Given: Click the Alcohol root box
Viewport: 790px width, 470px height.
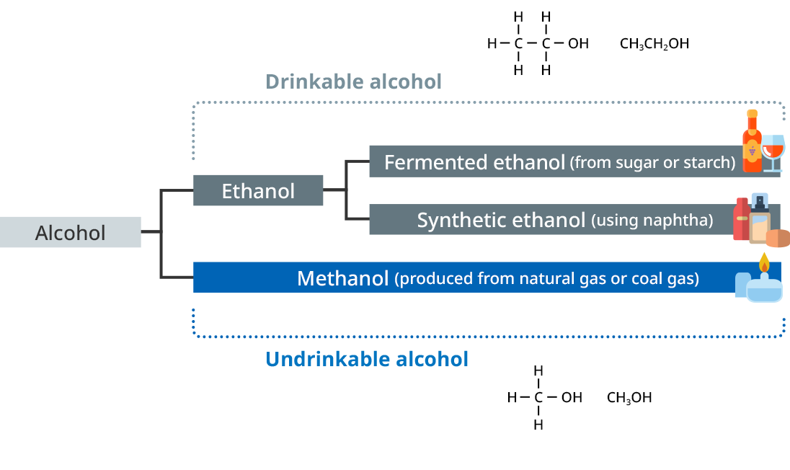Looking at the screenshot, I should [71, 232].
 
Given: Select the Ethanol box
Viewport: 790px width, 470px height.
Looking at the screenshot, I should [258, 190].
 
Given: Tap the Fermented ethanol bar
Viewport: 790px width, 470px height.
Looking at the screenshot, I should [555, 162].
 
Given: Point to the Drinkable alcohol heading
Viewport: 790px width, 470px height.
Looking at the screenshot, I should [353, 81].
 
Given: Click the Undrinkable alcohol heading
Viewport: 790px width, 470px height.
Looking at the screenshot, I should [367, 358].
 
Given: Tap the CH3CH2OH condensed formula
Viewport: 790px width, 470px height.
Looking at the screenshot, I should [654, 44].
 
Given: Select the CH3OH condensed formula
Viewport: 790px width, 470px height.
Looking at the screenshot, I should [629, 397].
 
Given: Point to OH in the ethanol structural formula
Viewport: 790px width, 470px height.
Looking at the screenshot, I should [578, 44].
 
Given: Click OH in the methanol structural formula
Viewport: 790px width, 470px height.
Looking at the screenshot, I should [572, 397].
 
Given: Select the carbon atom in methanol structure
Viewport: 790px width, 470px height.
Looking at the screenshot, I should [538, 397].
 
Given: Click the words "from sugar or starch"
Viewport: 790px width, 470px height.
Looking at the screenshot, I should [652, 162].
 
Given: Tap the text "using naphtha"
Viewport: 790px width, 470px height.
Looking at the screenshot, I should [652, 220].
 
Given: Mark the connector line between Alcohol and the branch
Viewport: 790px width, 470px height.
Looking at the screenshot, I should [151, 232].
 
